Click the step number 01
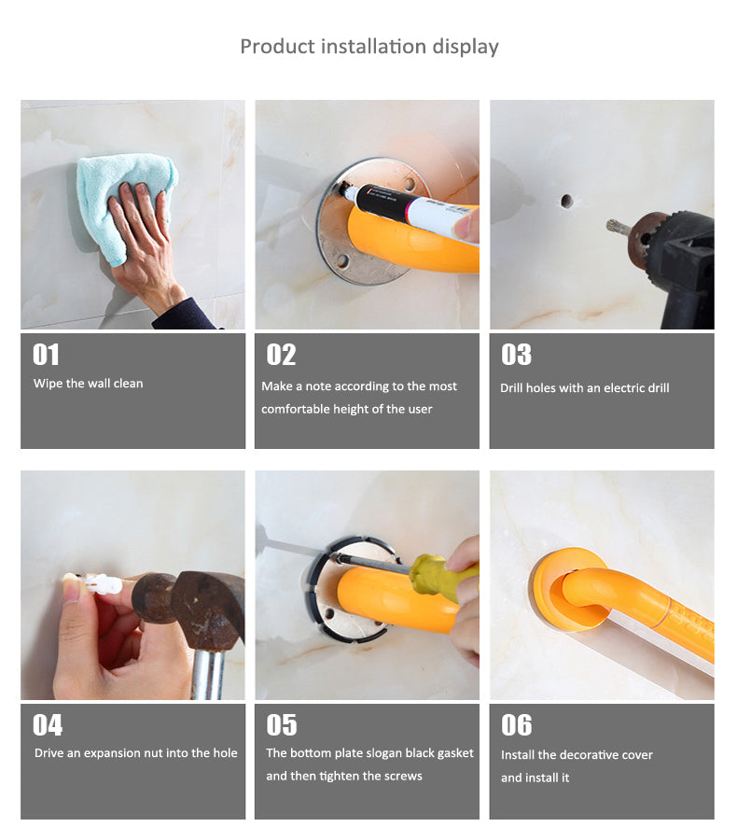[46, 355]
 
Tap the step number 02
[281, 355]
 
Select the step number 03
[516, 355]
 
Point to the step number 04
[48, 725]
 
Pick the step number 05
[282, 725]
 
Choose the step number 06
[517, 725]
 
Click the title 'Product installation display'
[369, 47]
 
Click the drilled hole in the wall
[566, 201]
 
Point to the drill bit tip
[610, 226]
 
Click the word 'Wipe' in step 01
[48, 384]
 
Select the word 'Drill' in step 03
[512, 387]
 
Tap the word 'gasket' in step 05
[455, 753]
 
